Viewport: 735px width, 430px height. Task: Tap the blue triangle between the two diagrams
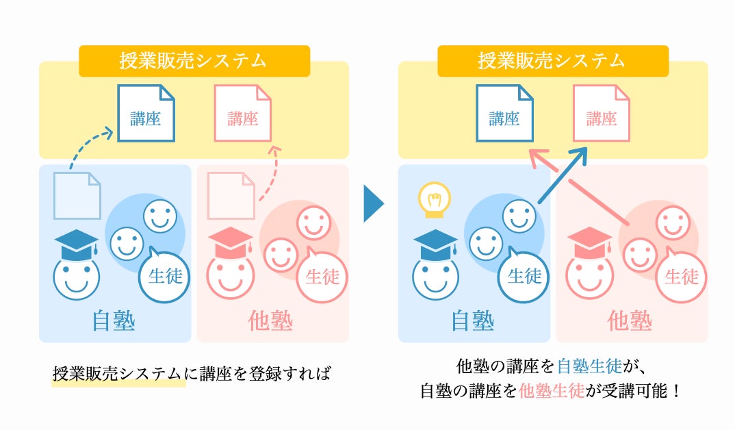coord(373,203)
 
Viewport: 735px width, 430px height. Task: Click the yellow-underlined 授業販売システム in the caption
coord(118,374)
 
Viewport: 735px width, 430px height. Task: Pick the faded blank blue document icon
coord(77,195)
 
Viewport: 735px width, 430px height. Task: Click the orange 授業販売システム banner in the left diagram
coord(194,61)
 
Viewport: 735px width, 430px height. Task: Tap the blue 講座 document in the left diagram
coord(146,114)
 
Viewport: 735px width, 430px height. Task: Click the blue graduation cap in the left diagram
coord(76,244)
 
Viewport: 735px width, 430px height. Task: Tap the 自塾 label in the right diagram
coord(473,320)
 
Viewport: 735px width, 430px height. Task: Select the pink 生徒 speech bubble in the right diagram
coord(681,277)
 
